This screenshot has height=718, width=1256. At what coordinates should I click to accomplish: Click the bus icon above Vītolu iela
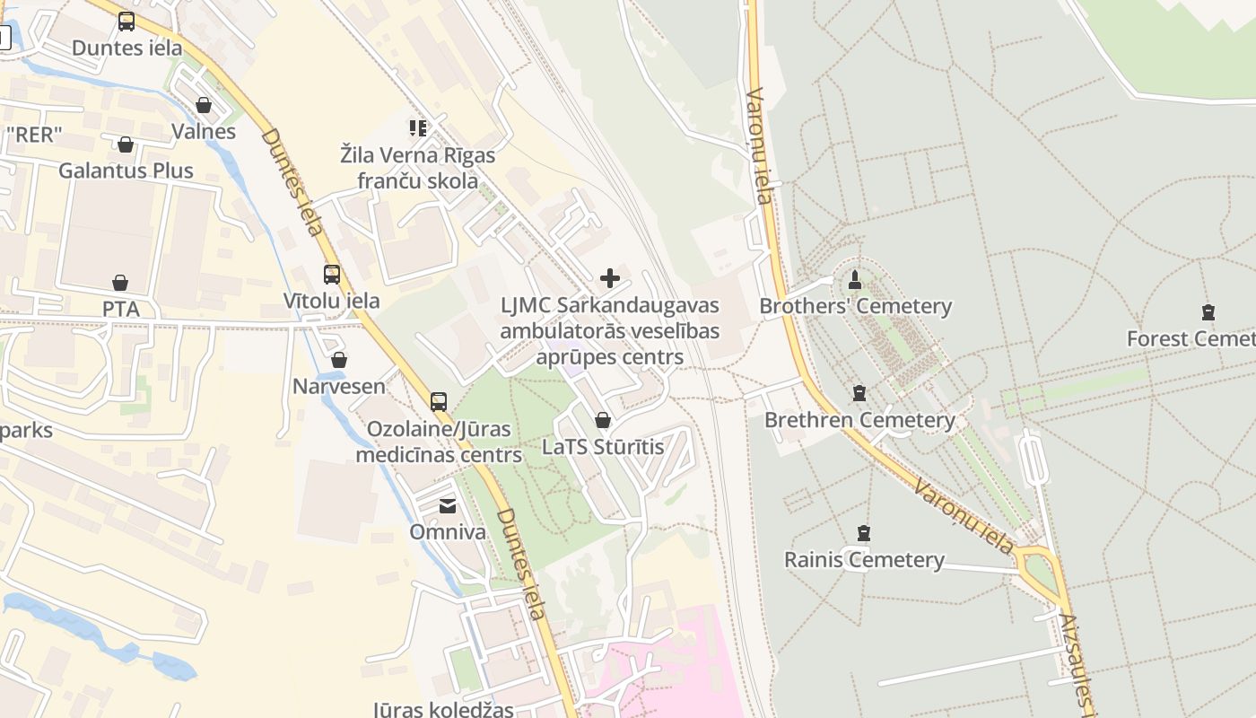click(x=332, y=275)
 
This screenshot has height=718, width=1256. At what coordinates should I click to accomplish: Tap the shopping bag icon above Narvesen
click(x=339, y=361)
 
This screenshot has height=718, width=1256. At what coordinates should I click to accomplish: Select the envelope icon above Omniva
click(x=447, y=506)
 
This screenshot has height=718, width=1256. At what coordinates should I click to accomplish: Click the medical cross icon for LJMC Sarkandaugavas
click(x=610, y=278)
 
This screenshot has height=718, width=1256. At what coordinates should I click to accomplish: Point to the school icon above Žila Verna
click(x=417, y=128)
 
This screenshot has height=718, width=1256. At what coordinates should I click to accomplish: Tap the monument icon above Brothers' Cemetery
click(x=855, y=279)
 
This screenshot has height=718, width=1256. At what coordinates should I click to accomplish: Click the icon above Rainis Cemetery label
click(x=864, y=533)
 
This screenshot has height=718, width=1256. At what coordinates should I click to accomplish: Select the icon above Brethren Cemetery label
click(x=859, y=393)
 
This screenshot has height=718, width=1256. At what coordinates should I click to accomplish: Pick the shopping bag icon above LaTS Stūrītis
click(x=603, y=420)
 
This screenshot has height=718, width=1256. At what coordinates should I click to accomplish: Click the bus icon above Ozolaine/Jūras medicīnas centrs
click(x=439, y=401)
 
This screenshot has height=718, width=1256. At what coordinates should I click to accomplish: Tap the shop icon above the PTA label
click(x=120, y=283)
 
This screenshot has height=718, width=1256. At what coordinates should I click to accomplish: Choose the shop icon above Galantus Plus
click(x=126, y=144)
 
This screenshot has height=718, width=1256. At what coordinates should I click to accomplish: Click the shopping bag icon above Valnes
click(x=204, y=105)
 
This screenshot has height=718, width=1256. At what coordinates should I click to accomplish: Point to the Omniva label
click(x=448, y=532)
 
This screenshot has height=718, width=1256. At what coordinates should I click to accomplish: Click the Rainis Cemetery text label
click(x=864, y=560)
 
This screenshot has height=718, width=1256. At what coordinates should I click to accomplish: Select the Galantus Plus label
click(x=126, y=171)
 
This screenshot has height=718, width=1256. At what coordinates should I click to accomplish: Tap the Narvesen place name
click(x=339, y=387)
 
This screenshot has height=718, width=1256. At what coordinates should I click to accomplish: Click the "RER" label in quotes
click(x=34, y=136)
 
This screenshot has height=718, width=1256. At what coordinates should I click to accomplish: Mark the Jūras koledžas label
click(x=443, y=708)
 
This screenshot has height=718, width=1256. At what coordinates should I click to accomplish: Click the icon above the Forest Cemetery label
click(x=1208, y=312)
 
